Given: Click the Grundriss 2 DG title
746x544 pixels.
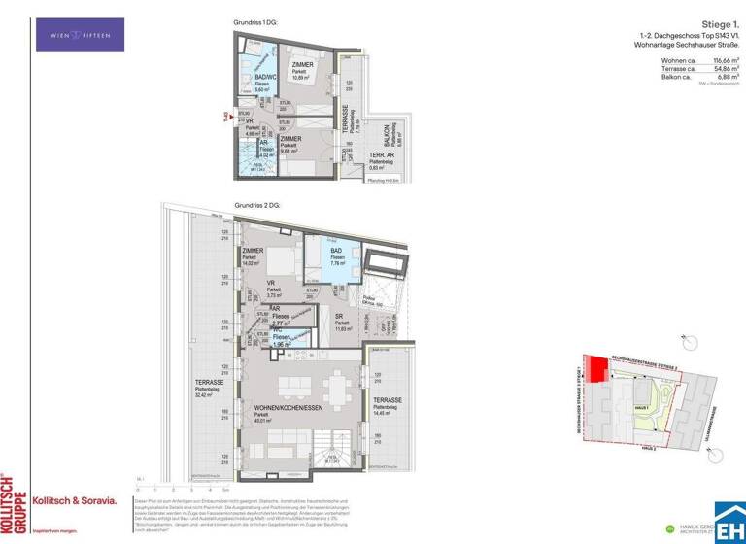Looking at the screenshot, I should [256, 206].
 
